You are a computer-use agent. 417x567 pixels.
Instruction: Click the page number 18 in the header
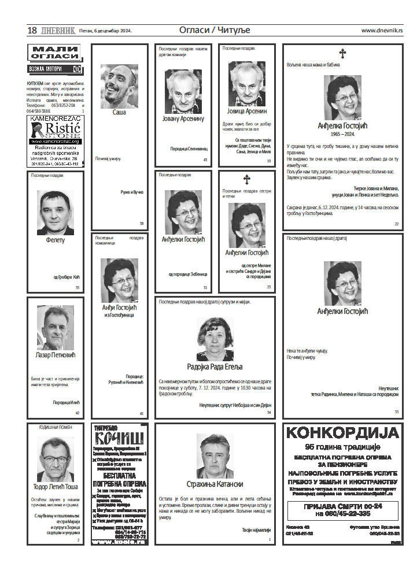[x=32, y=30]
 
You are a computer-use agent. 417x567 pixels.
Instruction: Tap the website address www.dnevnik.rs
[x=382, y=30]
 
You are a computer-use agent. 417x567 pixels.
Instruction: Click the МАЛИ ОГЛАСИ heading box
[x=55, y=53]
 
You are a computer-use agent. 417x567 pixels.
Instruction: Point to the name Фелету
[x=56, y=240]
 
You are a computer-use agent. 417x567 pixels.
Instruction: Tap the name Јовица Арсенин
[x=247, y=111]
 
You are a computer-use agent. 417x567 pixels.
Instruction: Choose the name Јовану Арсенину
[x=183, y=118]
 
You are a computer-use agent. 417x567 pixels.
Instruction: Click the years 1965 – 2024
[x=343, y=134]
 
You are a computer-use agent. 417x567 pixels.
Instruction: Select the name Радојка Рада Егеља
[x=215, y=366]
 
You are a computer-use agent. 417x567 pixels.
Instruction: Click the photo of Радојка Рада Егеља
[x=215, y=339]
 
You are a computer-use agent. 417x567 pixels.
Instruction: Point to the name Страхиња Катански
[x=215, y=484]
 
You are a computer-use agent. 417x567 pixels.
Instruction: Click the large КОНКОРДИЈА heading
[x=342, y=433]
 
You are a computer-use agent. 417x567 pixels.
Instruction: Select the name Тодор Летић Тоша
[x=56, y=486]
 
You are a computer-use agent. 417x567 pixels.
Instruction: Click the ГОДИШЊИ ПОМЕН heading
[x=56, y=427]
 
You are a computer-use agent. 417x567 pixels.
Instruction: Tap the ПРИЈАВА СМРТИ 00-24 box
[x=342, y=510]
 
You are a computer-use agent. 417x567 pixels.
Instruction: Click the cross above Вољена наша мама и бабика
[x=342, y=54]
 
